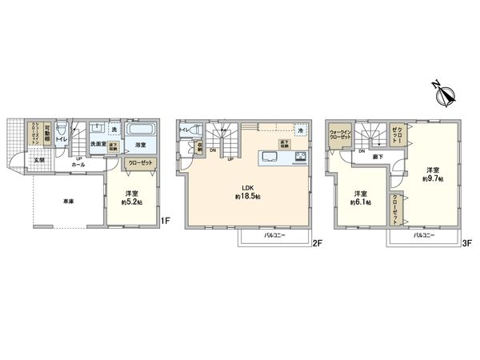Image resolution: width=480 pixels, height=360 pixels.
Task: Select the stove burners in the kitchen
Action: point(300,156)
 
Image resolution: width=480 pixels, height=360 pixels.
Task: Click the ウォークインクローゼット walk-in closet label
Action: point(341,134)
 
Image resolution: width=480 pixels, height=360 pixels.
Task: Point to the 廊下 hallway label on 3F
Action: point(378,158)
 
